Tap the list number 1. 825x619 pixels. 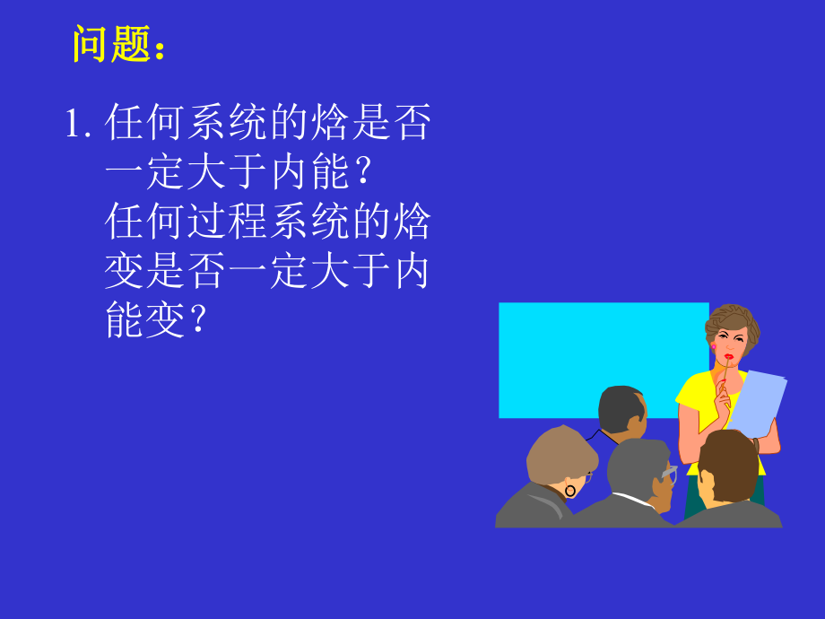[76, 124]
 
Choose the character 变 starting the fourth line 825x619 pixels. [126, 271]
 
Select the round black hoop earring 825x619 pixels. [569, 491]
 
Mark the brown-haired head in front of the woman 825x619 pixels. [727, 465]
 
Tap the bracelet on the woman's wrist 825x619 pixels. [758, 444]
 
